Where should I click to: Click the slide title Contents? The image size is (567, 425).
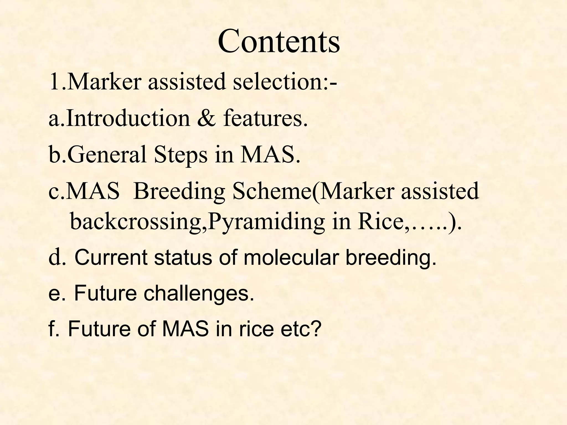tap(279, 42)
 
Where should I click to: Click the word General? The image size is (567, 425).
tap(107, 154)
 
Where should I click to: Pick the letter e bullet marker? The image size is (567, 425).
tap(54, 294)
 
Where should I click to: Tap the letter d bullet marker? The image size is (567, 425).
tap(54, 257)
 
